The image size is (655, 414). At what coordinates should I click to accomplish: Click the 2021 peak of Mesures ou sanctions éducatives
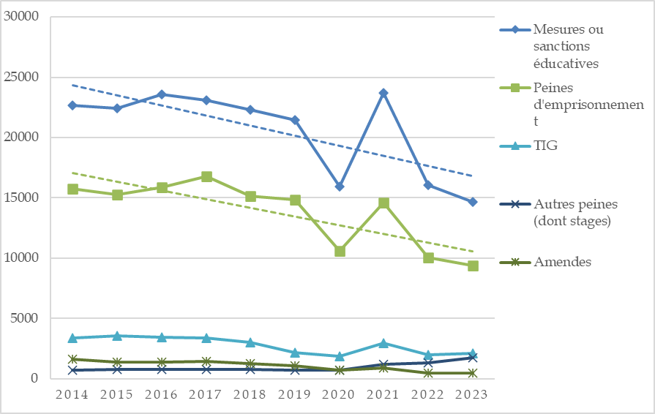coord(383,93)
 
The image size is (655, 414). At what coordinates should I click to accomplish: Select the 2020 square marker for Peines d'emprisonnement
coord(340,251)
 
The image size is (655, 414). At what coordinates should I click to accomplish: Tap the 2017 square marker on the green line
coord(206,176)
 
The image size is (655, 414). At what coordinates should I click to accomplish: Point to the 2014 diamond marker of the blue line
coord(72,105)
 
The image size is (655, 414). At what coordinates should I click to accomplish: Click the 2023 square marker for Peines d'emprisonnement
coord(473,266)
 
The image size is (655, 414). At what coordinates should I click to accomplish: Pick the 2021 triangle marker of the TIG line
coord(383,343)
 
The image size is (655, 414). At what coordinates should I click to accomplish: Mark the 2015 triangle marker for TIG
coord(117,336)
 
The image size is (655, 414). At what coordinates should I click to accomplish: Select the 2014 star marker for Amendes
coord(72,359)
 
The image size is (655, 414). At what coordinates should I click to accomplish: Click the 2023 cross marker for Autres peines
coord(473,358)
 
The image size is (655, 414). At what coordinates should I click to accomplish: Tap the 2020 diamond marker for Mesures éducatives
coord(340,187)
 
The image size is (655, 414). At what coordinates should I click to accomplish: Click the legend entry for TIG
coord(545,146)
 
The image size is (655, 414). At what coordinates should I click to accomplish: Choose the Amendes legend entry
coord(562,262)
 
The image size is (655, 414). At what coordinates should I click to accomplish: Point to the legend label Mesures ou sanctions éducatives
coord(569,46)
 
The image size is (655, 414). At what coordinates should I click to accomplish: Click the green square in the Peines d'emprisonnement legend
coord(515,88)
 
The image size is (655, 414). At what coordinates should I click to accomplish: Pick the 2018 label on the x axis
coord(250,394)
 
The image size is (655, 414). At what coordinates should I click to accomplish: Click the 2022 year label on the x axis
coord(428,394)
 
